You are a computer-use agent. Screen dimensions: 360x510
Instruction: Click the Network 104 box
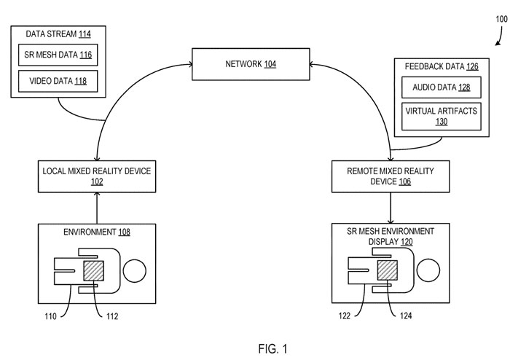(250, 65)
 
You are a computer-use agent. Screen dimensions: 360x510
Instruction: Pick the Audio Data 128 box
(442, 87)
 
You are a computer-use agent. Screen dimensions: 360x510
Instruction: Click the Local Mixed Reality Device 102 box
(97, 176)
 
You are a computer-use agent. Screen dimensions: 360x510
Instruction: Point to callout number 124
(406, 316)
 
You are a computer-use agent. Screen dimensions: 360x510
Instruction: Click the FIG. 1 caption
(256, 348)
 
